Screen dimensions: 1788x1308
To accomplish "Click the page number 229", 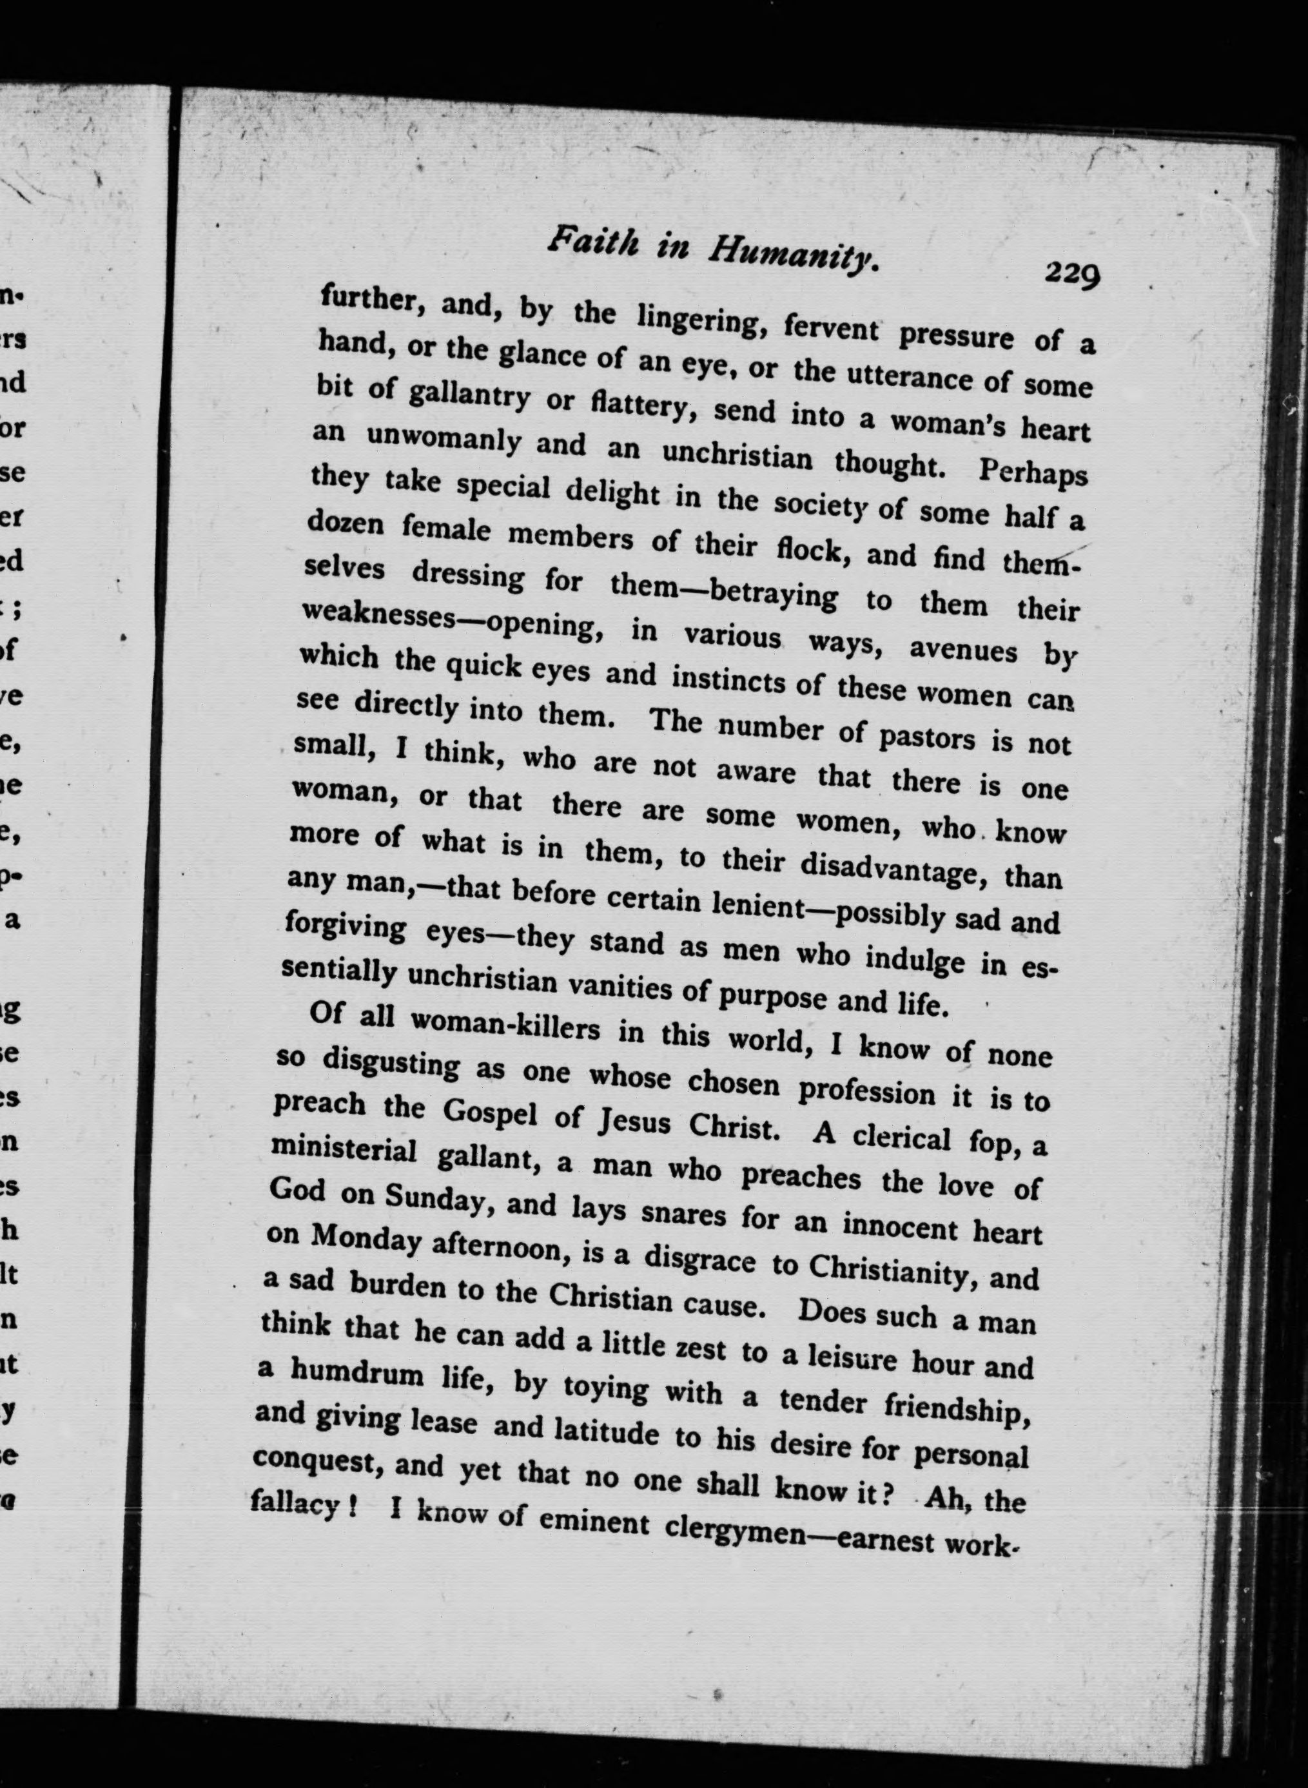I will [1071, 273].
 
